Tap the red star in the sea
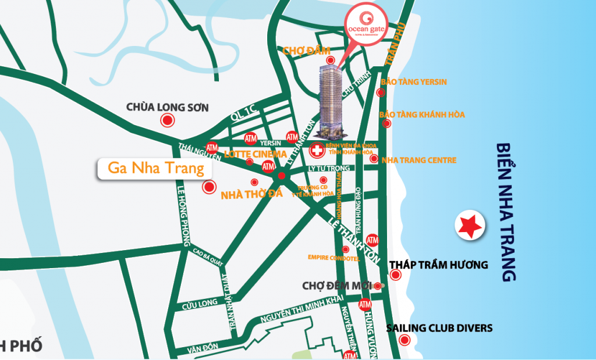coord(470,226)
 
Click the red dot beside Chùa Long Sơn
coord(168,120)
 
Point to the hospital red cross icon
coord(317,151)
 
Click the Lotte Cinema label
coord(256,155)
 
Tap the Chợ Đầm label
coord(302,51)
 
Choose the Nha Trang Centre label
coord(419,160)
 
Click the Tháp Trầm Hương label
coord(438,265)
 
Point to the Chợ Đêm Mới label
coord(338,286)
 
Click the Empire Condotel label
coord(329,257)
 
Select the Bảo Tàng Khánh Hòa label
coord(421,115)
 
